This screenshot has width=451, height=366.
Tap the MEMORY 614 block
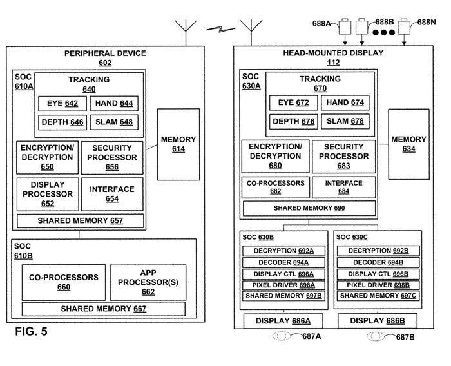pyautogui.click(x=178, y=144)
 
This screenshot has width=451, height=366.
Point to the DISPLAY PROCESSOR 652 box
pyautogui.click(x=47, y=194)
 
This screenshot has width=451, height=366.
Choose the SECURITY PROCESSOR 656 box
pyautogui.click(x=112, y=157)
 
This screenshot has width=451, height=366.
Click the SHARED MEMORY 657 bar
pyautogui.click(x=80, y=221)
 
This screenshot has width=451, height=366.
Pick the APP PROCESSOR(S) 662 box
pyautogui.click(x=148, y=282)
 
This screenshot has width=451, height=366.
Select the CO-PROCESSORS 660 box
pyautogui.click(x=64, y=282)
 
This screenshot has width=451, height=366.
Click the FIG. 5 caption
pyautogui.click(x=30, y=332)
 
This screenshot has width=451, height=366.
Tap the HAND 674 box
pyautogui.click(x=345, y=103)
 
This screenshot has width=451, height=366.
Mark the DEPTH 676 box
pyautogui.click(x=293, y=122)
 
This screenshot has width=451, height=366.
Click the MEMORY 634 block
pyautogui.click(x=408, y=144)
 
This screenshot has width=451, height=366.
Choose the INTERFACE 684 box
pyautogui.click(x=343, y=187)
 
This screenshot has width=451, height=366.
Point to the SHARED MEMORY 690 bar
pyautogui.click(x=309, y=209)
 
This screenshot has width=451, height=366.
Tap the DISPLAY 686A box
pyautogui.click(x=283, y=320)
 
